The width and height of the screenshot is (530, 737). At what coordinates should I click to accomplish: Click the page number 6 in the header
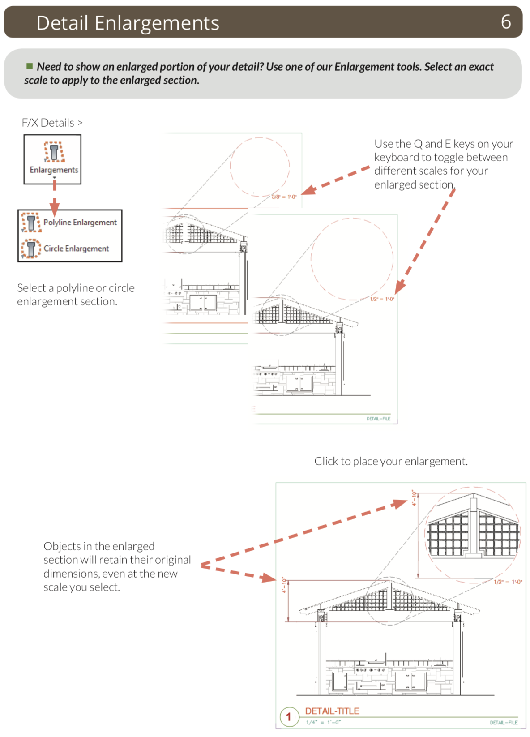coord(506,21)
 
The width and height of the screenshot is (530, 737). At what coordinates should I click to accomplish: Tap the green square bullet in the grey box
coord(30,66)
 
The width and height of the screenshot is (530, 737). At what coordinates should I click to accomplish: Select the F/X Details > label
coord(52,123)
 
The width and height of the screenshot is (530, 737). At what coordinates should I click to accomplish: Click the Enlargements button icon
coord(54,152)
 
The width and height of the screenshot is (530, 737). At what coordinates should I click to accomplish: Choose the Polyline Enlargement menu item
coord(80,223)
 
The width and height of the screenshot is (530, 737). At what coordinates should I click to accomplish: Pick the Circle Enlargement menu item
coord(76,249)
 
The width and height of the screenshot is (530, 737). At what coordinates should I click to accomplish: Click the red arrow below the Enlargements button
coord(55,199)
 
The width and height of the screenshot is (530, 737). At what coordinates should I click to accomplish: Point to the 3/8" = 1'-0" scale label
coord(284,197)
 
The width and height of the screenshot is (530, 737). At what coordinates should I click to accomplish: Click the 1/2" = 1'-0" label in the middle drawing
coord(382,299)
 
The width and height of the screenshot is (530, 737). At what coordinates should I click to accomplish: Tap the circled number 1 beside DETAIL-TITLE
coord(289,716)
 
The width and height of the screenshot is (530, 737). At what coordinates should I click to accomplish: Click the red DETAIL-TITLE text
coord(332,711)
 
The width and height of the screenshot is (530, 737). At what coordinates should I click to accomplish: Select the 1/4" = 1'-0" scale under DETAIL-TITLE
coord(323,722)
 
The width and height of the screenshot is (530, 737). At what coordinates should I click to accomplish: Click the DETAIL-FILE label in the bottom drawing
coord(504,723)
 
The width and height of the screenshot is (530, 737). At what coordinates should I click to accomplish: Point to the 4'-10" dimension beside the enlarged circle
coord(414,498)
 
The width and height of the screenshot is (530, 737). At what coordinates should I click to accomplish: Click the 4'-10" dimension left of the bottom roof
coord(284,585)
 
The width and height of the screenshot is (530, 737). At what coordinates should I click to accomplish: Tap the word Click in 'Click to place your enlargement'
coord(326,461)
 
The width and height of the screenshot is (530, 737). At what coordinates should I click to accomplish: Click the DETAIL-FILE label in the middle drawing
coord(378,419)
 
